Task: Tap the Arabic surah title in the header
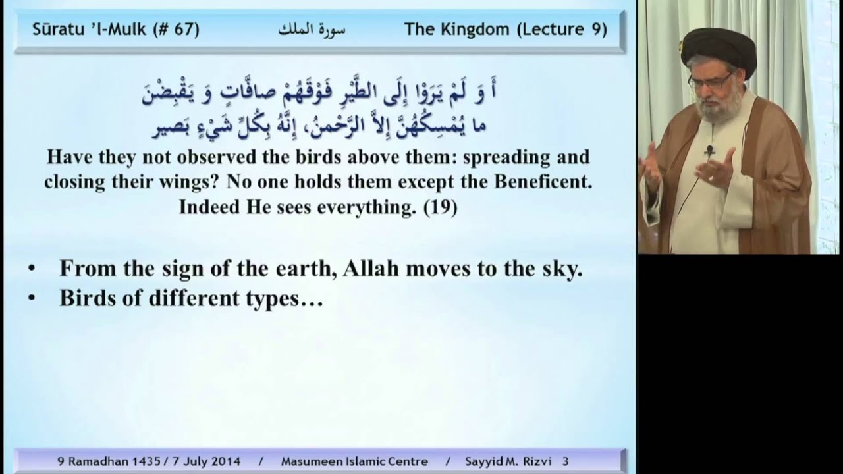pyautogui.click(x=312, y=30)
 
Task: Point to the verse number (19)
pyautogui.click(x=441, y=207)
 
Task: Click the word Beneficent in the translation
pyautogui.click(x=543, y=182)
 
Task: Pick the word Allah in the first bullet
pyautogui.click(x=371, y=269)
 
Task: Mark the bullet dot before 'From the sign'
pyautogui.click(x=32, y=269)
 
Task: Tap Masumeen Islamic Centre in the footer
pyautogui.click(x=354, y=461)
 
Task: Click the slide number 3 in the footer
pyautogui.click(x=565, y=461)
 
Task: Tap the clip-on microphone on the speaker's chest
pyautogui.click(x=710, y=151)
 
